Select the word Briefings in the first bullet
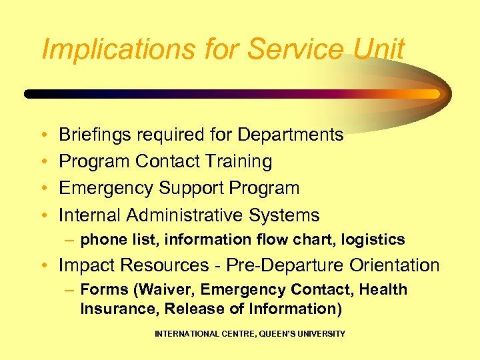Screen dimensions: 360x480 point(95,135)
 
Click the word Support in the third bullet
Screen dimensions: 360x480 point(191,189)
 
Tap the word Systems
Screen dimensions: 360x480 point(285,215)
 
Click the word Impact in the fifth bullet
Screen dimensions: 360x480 point(84,265)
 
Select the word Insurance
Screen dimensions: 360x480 point(118,309)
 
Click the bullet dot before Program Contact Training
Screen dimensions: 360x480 point(43,163)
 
